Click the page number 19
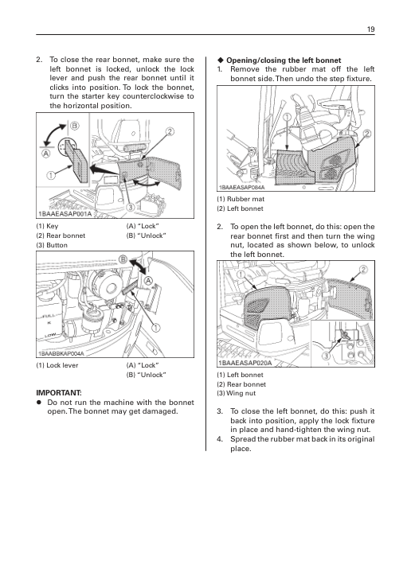(370, 29)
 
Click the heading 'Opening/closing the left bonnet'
(284, 60)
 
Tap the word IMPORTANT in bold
(59, 393)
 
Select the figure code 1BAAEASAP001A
(65, 214)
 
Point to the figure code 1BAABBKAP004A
(61, 353)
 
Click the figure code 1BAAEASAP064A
(242, 187)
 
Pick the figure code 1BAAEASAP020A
(245, 363)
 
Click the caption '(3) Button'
(52, 245)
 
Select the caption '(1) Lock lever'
(57, 365)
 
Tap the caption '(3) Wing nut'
(237, 393)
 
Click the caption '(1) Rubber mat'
(241, 199)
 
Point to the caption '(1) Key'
(47, 226)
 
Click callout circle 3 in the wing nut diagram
(326, 356)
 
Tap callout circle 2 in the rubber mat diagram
(367, 134)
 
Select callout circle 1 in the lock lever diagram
(156, 328)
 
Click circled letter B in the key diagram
(75, 127)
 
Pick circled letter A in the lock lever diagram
(148, 280)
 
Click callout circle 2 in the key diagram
(169, 132)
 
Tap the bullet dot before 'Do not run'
(38, 403)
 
